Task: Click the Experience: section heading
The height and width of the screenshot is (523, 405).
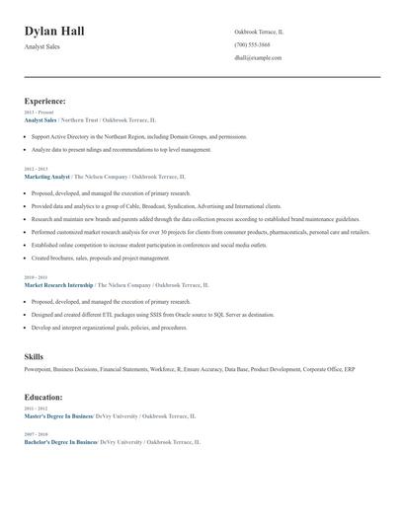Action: tap(44, 101)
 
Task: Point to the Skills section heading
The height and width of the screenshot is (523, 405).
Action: tap(34, 355)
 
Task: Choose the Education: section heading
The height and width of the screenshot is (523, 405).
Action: tap(43, 397)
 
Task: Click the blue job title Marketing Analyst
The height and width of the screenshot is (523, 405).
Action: tap(46, 176)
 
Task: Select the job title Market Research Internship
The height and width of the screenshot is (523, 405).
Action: tap(58, 284)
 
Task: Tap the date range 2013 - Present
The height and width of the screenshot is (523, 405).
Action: tap(40, 112)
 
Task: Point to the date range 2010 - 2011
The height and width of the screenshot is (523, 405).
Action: tap(35, 277)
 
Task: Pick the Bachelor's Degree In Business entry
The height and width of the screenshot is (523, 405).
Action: tap(60, 442)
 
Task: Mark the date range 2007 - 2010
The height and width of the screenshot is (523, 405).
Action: tap(35, 434)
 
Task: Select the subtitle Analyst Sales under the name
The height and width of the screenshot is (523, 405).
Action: tap(42, 47)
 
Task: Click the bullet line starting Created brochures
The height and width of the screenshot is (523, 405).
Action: tap(101, 258)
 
